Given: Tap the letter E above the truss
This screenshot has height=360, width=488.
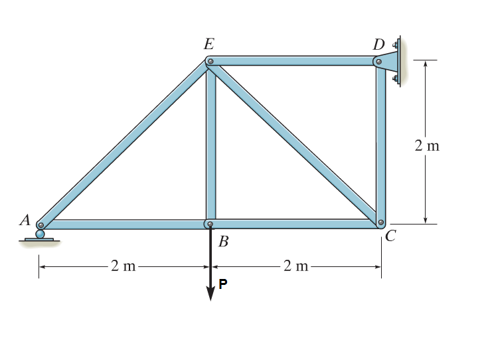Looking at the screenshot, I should coord(209,45).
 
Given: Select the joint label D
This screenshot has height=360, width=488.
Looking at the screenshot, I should coord(378,45).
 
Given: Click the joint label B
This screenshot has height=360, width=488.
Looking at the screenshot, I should coord(223,242).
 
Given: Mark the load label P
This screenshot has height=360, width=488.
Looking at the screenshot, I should coord(223,285).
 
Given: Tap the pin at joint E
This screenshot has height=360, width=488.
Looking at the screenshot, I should coord(210,62).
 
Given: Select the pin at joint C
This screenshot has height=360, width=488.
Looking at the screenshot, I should coord(380,223).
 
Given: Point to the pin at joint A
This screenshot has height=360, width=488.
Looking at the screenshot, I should coord(41,225).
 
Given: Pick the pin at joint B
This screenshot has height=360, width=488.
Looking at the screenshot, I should coord(210,225).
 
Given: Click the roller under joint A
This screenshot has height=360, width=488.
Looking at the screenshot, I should coord(41,234).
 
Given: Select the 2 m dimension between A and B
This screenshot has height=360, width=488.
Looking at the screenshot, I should coord(123,266).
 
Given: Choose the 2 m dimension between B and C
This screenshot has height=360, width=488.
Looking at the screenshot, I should coord(296,266).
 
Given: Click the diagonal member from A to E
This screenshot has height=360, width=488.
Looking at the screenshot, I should coord(125,143).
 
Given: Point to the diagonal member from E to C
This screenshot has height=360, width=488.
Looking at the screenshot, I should coord(295,143).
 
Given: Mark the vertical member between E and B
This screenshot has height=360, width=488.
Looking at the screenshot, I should coord(210,143).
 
